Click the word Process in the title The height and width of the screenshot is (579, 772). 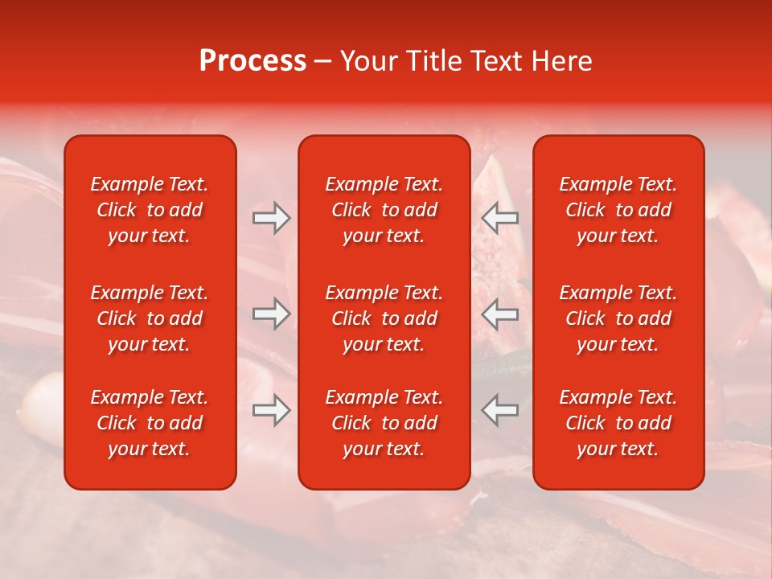coord(253,61)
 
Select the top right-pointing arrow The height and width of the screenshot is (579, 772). coord(271,218)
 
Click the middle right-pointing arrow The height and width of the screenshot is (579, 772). coord(271,313)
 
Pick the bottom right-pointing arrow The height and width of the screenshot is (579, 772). coord(271,410)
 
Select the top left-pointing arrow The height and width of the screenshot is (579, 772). coord(500,218)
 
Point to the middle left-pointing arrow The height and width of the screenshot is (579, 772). coord(500,313)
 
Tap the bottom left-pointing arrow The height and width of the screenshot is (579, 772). coord(500,410)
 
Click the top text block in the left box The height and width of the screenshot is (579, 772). coord(150,210)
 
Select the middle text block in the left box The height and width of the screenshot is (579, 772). coord(150,318)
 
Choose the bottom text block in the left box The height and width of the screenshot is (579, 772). coord(150,423)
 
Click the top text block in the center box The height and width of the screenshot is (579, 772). coord(384,210)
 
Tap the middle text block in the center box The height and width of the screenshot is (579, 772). coord(384,318)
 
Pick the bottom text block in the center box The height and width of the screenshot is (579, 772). coord(384,423)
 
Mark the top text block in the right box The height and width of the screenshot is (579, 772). coord(618,210)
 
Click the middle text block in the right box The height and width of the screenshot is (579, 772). coord(618,318)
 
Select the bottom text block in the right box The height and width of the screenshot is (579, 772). coord(618,423)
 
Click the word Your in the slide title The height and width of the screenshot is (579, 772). coord(365,61)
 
